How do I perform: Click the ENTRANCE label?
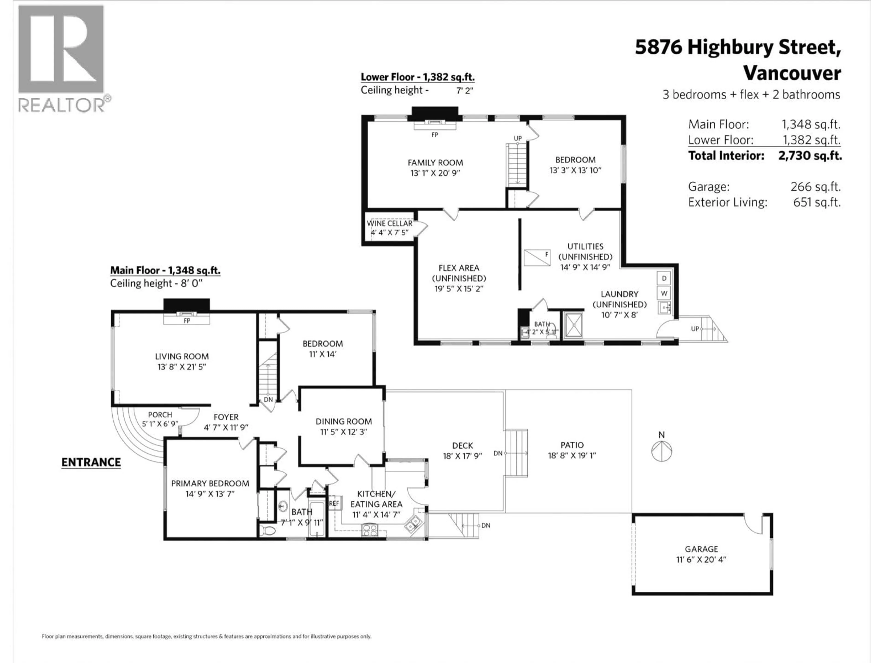click(x=91, y=462)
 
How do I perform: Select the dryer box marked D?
click(x=664, y=278)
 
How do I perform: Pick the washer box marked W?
click(x=664, y=293)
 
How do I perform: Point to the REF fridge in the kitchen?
click(x=334, y=503)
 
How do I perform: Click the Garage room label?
click(x=701, y=549)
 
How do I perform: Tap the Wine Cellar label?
click(x=390, y=223)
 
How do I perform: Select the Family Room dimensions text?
click(x=435, y=173)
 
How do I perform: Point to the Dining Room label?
click(x=344, y=421)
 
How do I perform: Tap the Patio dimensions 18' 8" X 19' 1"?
click(x=572, y=455)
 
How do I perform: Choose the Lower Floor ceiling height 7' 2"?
click(x=464, y=91)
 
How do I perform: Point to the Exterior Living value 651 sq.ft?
click(x=817, y=202)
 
